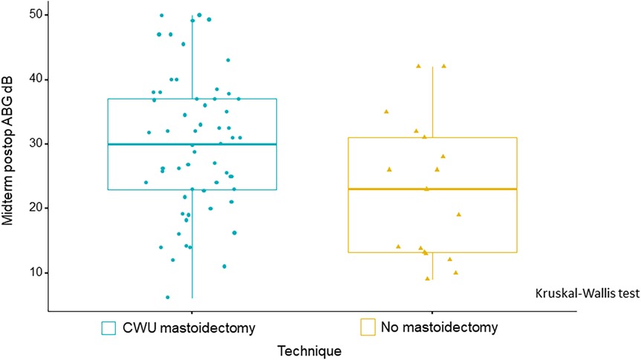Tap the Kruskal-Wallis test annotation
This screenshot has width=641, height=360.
pos(586,293)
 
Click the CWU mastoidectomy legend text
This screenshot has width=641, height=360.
pos(172,327)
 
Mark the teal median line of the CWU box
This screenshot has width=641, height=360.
pos(192,144)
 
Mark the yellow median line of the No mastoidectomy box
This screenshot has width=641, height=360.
pos(432,189)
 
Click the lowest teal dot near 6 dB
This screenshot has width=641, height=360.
pos(167,298)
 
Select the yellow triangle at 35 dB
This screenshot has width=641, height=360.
pos(386,111)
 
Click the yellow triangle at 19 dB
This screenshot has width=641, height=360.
pos(459,215)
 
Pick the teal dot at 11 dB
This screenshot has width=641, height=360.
pos(224,266)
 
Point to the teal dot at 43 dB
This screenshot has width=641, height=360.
pos(228,60)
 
